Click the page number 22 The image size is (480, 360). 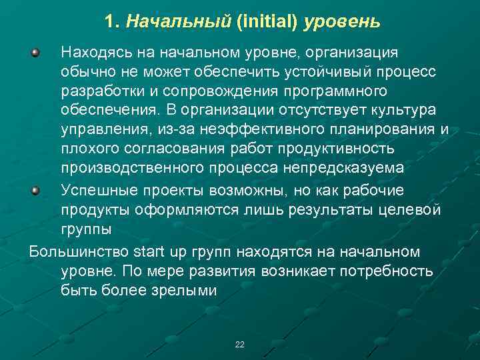coord(240,345)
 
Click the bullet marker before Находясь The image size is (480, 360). coord(37,51)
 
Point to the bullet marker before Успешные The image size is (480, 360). coord(37,191)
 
